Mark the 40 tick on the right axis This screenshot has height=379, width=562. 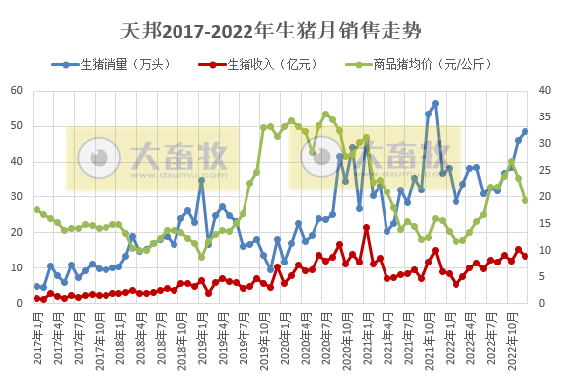tap(547, 91)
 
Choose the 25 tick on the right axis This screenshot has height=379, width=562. tap(547, 170)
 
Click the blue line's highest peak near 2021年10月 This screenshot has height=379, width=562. tap(435, 104)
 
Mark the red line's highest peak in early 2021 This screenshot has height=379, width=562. tap(367, 228)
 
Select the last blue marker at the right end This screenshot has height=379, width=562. tap(525, 132)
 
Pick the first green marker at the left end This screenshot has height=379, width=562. tap(36, 209)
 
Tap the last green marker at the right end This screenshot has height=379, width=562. tap(525, 200)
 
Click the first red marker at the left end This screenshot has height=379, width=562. tap(36, 298)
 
